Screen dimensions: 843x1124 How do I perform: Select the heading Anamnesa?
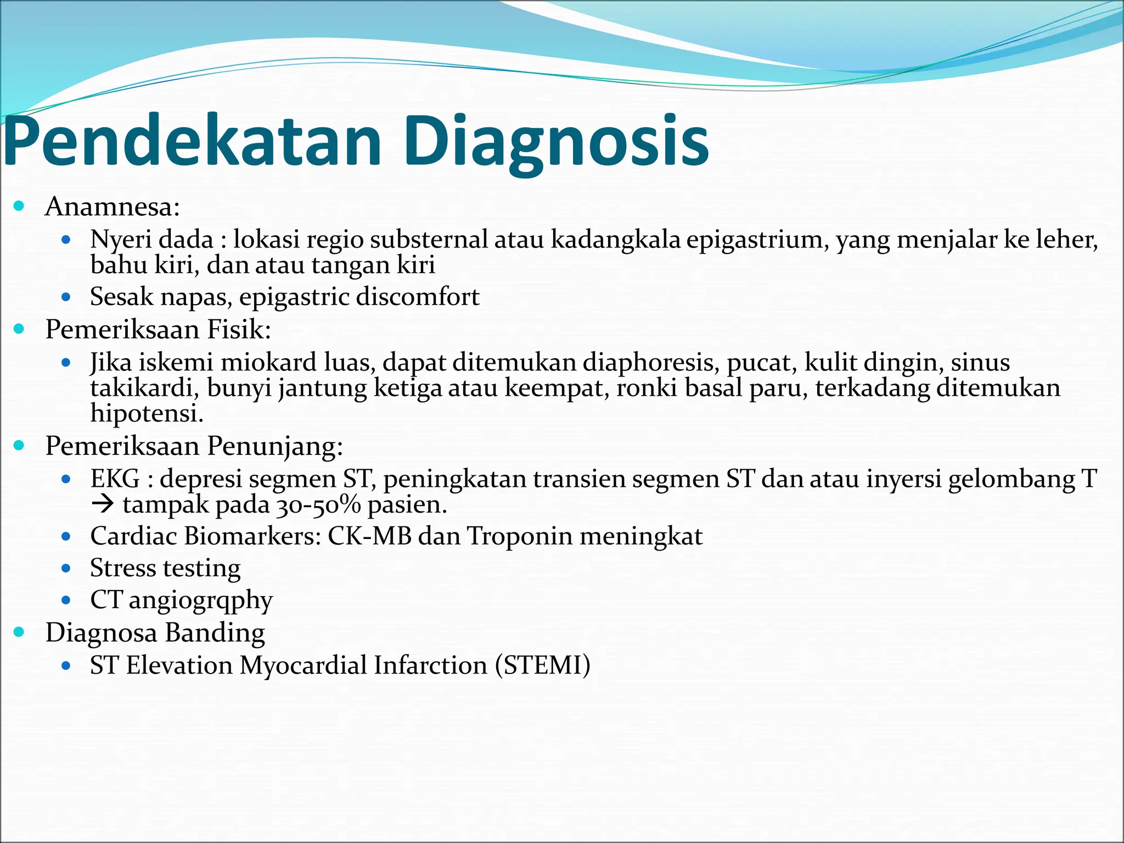[x=113, y=207]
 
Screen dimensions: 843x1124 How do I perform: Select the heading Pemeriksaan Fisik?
[x=158, y=329]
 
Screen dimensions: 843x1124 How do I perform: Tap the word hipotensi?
[x=147, y=413]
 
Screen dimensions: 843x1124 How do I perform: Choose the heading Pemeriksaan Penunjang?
[x=194, y=446]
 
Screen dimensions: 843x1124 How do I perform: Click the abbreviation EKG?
[x=115, y=479]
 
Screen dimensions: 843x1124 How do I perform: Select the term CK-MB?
[x=369, y=536]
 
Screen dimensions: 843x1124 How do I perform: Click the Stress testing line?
[x=165, y=568]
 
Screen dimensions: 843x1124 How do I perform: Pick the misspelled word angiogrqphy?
[x=200, y=600]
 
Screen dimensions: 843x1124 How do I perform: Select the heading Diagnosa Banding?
[x=155, y=633]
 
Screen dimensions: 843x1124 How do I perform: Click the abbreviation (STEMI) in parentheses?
[x=542, y=665]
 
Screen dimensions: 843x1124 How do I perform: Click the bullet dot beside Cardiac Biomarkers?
[x=66, y=536]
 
